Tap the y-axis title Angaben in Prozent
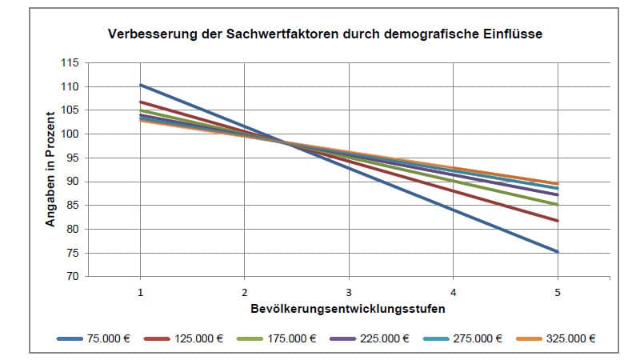click(50, 170)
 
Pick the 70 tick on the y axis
click(73, 277)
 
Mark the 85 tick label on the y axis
click(73, 206)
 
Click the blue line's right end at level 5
click(558, 252)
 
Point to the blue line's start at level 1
click(141, 85)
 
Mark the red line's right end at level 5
click(558, 221)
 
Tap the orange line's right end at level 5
click(558, 184)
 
